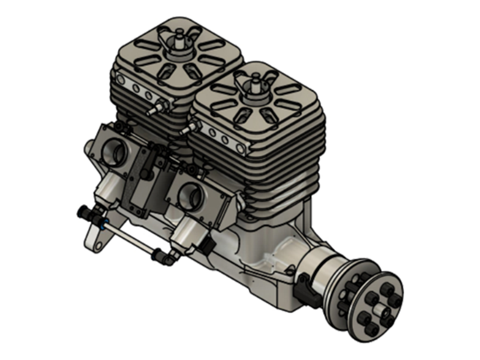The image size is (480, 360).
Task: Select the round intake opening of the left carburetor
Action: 113,155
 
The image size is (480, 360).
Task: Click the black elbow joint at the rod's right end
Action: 164,257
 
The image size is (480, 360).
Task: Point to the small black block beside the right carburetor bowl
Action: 207,245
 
